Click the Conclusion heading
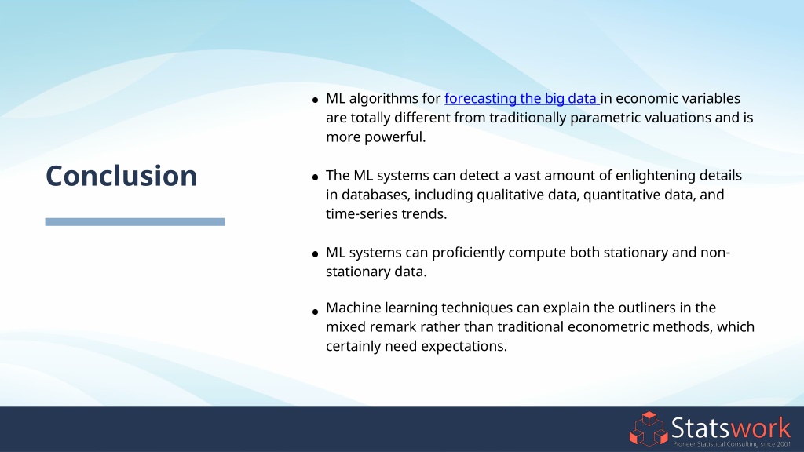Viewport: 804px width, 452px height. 121,176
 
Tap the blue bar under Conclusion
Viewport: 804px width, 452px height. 135,222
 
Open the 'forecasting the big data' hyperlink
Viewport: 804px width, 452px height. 521,98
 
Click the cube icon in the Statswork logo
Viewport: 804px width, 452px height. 648,428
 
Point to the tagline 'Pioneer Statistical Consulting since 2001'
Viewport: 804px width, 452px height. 732,444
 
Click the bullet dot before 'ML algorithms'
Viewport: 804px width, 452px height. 315,100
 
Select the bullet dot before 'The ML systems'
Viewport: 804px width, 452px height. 315,177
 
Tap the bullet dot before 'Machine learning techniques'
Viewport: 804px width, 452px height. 315,311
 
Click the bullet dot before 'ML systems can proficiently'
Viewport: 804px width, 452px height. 315,254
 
